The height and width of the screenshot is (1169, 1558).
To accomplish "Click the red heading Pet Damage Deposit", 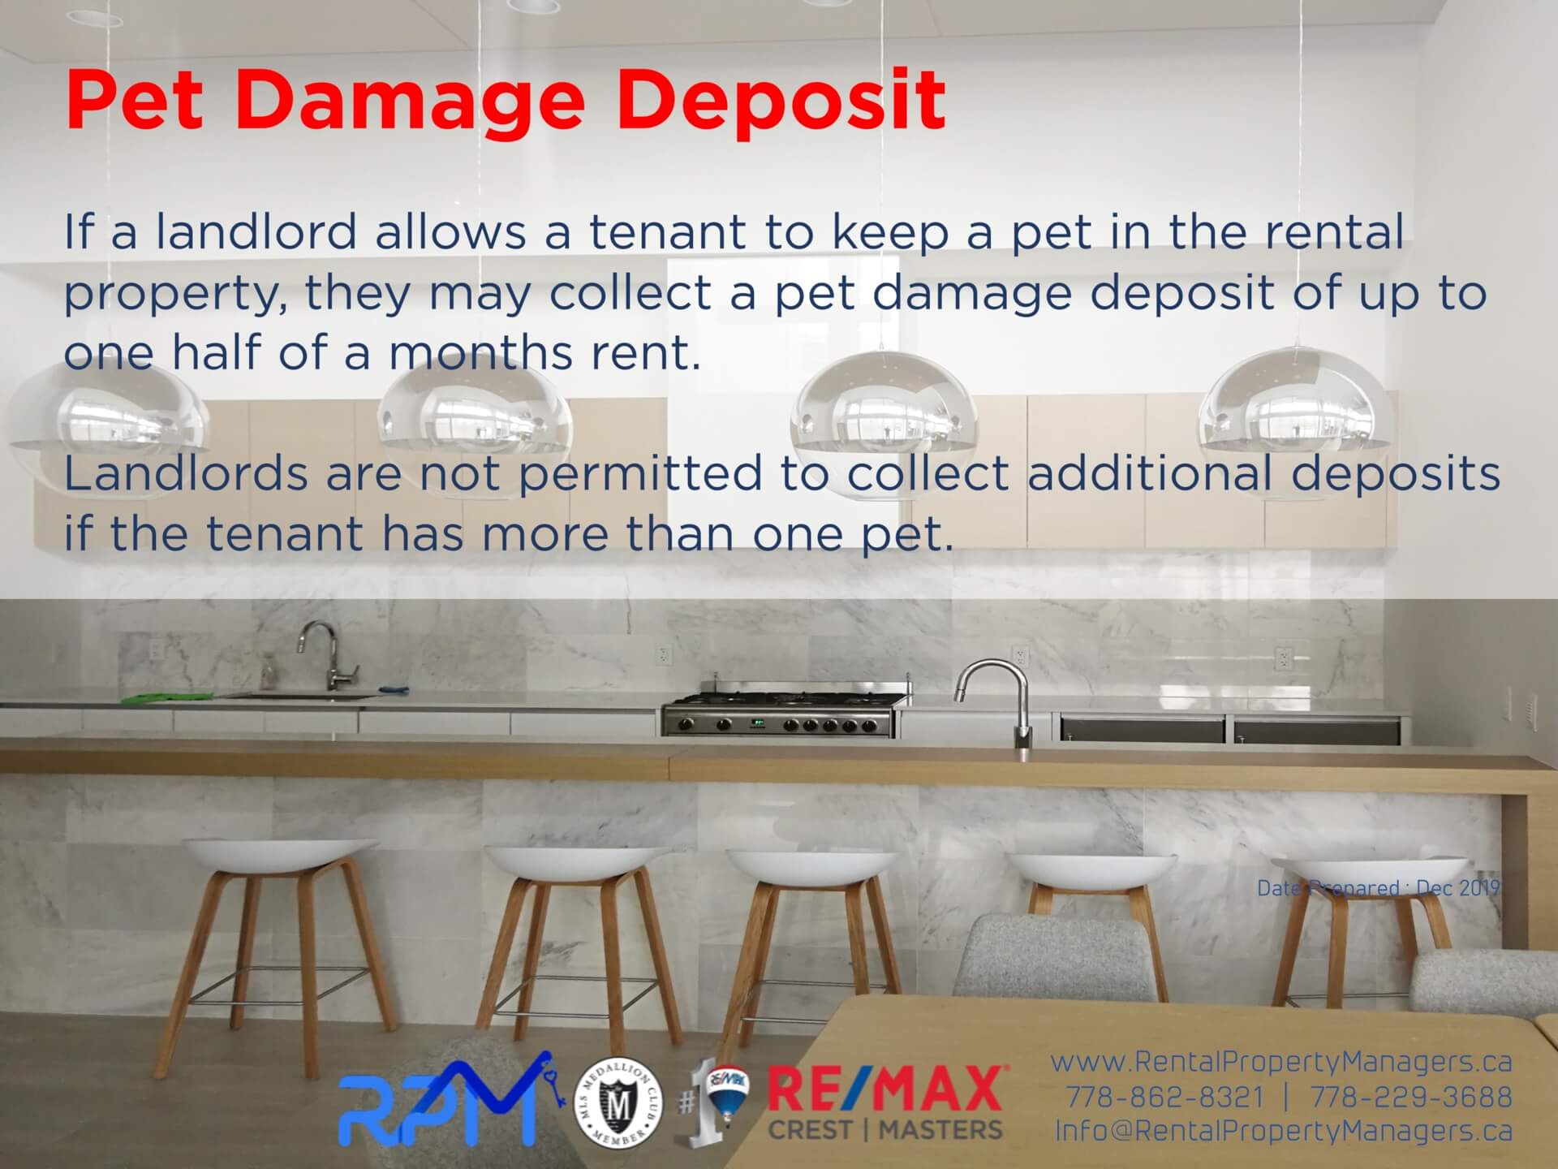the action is [x=505, y=100].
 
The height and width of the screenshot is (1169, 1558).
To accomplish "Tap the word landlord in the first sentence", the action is [x=256, y=232].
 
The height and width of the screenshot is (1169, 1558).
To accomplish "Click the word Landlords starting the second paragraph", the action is [x=186, y=473].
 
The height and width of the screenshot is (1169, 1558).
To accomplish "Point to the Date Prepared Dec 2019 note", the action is [x=1378, y=888].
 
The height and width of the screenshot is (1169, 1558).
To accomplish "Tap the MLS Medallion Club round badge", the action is [x=618, y=1102].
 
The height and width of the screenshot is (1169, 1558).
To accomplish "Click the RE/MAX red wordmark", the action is [x=884, y=1089].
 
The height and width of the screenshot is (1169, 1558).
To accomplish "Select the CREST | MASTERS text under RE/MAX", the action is [x=885, y=1129].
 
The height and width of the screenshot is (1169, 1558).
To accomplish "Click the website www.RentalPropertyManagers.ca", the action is [x=1281, y=1062].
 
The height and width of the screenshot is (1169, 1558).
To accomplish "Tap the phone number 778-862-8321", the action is [x=1165, y=1097].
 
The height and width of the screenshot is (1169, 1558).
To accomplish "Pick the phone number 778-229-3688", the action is [x=1412, y=1097].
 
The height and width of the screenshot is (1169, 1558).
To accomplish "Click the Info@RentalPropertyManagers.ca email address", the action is [x=1284, y=1131].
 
